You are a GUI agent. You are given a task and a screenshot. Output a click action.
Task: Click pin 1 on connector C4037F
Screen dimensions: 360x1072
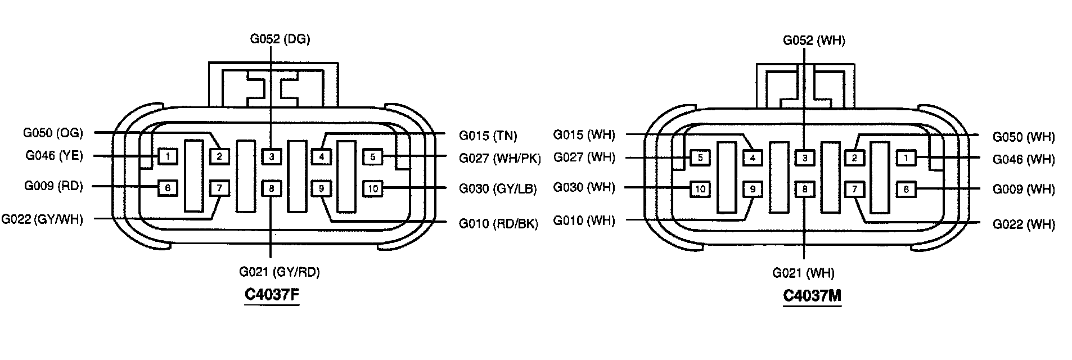(x=168, y=156)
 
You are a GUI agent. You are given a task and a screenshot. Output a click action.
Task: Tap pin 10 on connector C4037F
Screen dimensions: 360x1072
(x=373, y=188)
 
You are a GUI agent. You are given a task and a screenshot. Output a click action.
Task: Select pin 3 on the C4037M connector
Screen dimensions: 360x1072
(x=805, y=158)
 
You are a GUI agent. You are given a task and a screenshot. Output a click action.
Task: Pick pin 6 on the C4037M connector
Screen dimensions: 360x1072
(x=906, y=190)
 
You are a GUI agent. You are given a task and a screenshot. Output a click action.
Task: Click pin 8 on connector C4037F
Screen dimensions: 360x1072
(x=271, y=188)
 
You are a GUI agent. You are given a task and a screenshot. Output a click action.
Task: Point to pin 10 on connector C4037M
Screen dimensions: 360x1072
(x=700, y=189)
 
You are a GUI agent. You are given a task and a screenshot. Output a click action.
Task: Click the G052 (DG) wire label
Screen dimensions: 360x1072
(x=280, y=39)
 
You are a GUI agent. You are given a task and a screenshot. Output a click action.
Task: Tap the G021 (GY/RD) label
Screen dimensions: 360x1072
(x=279, y=272)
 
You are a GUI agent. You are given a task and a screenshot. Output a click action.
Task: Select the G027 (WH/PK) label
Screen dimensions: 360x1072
(x=499, y=158)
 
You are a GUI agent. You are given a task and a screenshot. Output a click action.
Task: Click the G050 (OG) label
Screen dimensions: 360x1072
(x=53, y=133)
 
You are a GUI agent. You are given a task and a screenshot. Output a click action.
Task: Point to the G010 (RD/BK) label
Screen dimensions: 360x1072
(x=498, y=224)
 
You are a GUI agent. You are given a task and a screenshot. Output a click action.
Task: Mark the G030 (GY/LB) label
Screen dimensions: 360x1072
(x=498, y=189)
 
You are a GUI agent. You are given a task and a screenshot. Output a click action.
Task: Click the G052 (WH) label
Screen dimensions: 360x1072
(x=814, y=40)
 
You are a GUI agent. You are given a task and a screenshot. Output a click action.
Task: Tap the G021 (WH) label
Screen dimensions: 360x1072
(x=803, y=273)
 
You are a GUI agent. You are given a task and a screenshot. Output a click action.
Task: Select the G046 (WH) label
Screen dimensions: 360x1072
(x=1024, y=159)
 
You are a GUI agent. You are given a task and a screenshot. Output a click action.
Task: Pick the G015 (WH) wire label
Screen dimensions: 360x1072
(x=584, y=135)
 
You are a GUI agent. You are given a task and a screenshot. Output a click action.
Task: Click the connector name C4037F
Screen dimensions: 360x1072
(x=272, y=295)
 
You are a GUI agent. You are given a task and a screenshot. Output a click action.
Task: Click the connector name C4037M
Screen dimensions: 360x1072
(x=812, y=296)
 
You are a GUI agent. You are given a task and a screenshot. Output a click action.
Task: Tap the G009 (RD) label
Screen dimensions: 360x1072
(x=53, y=186)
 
